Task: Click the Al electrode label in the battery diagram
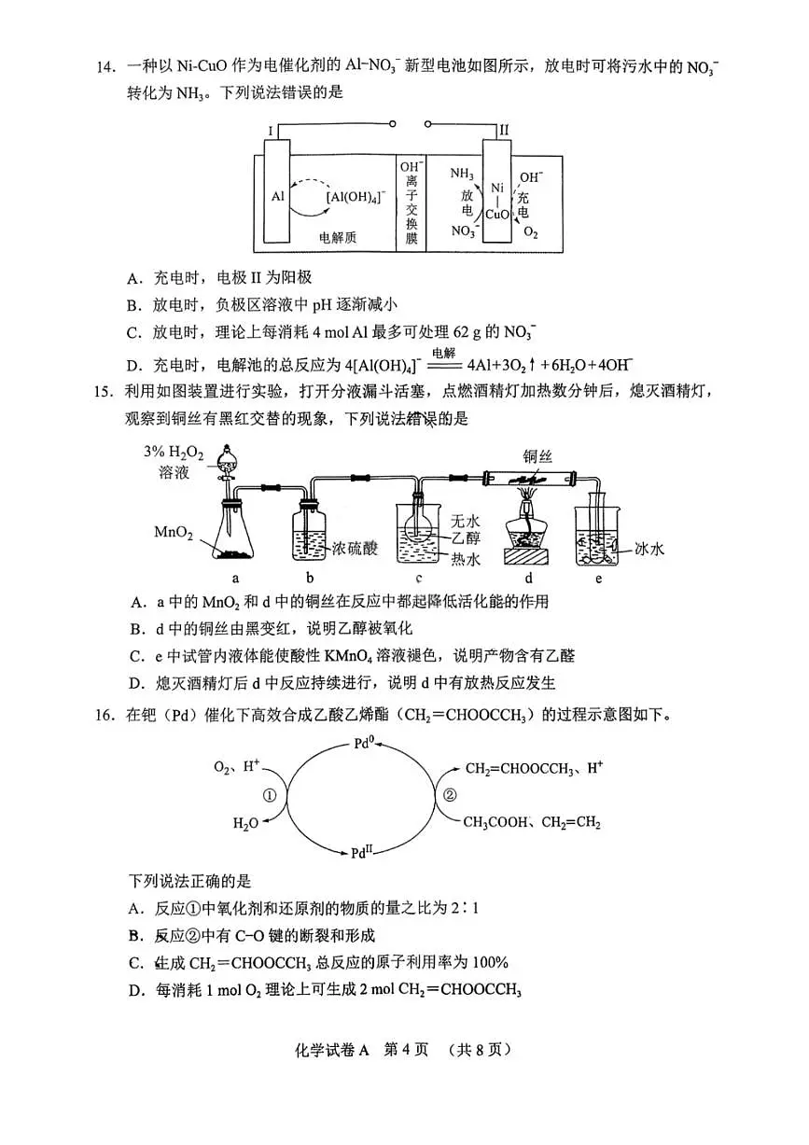click(x=278, y=196)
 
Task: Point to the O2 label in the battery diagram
click(x=531, y=232)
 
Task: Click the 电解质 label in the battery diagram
click(x=337, y=237)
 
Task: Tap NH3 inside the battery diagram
click(x=462, y=174)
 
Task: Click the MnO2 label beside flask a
click(x=174, y=533)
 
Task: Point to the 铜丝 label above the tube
click(x=537, y=456)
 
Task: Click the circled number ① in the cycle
click(x=271, y=796)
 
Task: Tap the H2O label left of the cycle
click(x=245, y=823)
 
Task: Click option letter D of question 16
click(x=135, y=990)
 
